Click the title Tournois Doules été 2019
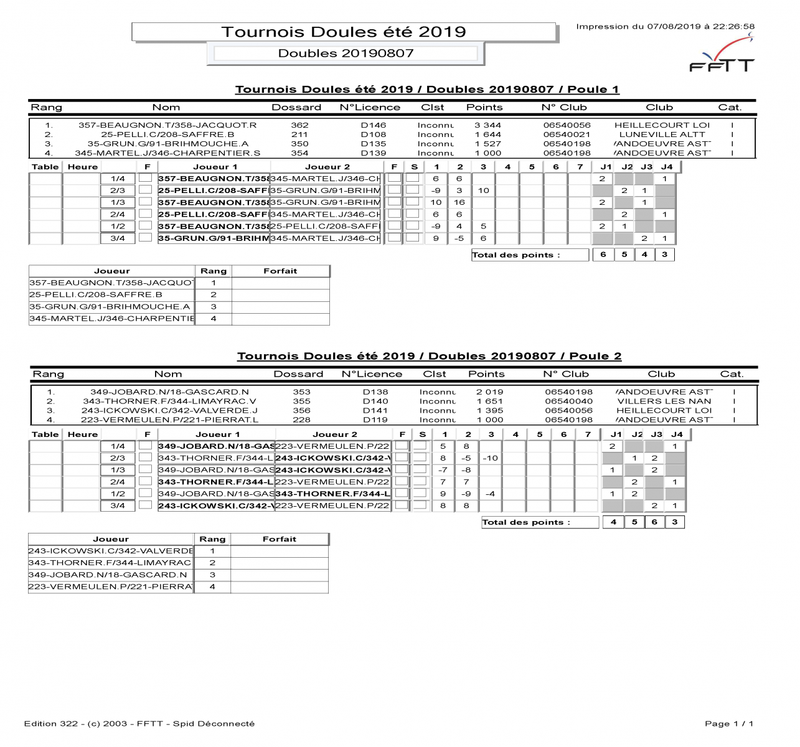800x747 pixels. [344, 32]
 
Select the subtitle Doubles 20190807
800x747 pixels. [346, 54]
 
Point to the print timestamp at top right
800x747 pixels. [665, 27]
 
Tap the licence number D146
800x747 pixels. [374, 125]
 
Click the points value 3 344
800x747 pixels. [487, 125]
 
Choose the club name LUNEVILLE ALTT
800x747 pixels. [662, 134]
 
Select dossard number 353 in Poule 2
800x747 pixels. [301, 392]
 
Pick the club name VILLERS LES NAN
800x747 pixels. [664, 402]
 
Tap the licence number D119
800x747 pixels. [375, 420]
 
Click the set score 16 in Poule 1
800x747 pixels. [459, 202]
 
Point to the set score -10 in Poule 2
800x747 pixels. [491, 458]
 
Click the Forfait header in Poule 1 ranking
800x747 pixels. [280, 271]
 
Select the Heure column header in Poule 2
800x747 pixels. [83, 435]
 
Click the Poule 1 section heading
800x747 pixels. [427, 90]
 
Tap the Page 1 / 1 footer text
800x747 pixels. [729, 723]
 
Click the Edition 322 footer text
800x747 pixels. [139, 723]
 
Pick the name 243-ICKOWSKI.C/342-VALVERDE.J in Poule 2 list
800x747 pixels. [169, 411]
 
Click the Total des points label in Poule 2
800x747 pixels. [526, 523]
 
